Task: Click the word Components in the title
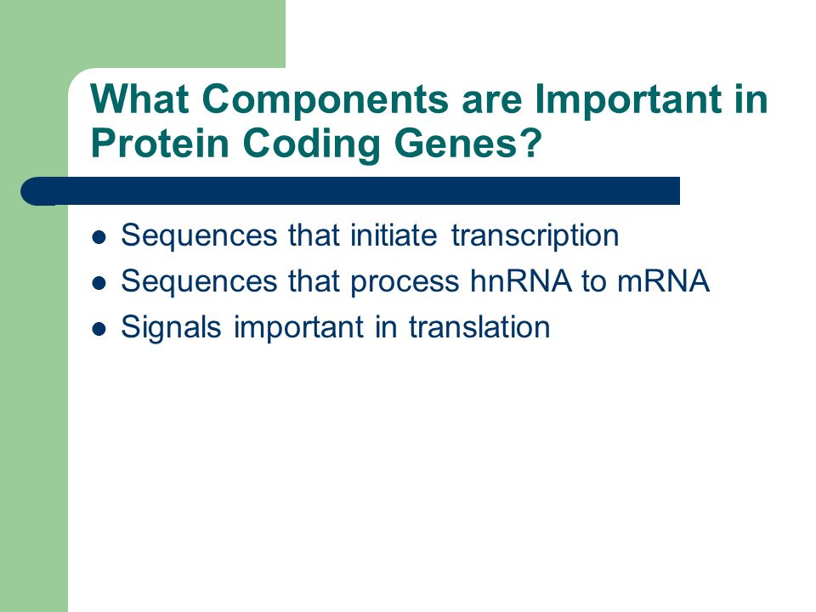[x=325, y=99]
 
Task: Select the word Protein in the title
[x=160, y=143]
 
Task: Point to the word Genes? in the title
[x=468, y=143]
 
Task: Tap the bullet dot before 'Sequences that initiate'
[x=99, y=237]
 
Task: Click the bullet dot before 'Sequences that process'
[x=99, y=283]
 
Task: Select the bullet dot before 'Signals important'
[x=99, y=329]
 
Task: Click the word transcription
[x=535, y=235]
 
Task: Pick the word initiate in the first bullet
[x=394, y=235]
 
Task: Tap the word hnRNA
[x=520, y=281]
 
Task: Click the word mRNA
[x=663, y=281]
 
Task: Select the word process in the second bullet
[x=405, y=282]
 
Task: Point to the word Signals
[x=171, y=327]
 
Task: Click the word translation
[x=479, y=326]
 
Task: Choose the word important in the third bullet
[x=298, y=327]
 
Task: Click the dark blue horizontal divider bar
[x=350, y=191]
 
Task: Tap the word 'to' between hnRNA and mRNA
[x=594, y=281]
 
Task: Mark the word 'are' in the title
[x=491, y=101]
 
